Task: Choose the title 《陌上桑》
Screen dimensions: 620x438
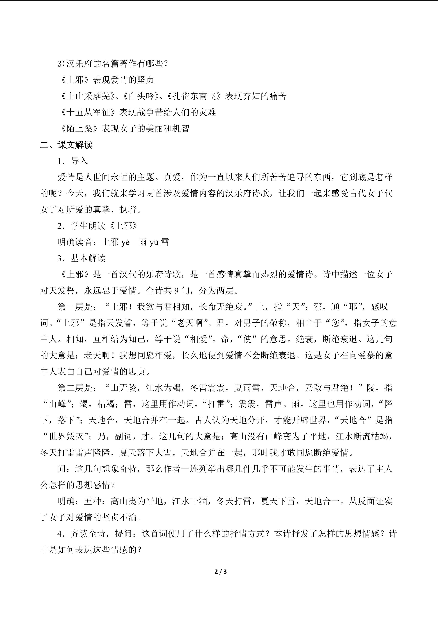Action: (x=79, y=129)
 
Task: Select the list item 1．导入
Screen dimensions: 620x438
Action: (x=72, y=161)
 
